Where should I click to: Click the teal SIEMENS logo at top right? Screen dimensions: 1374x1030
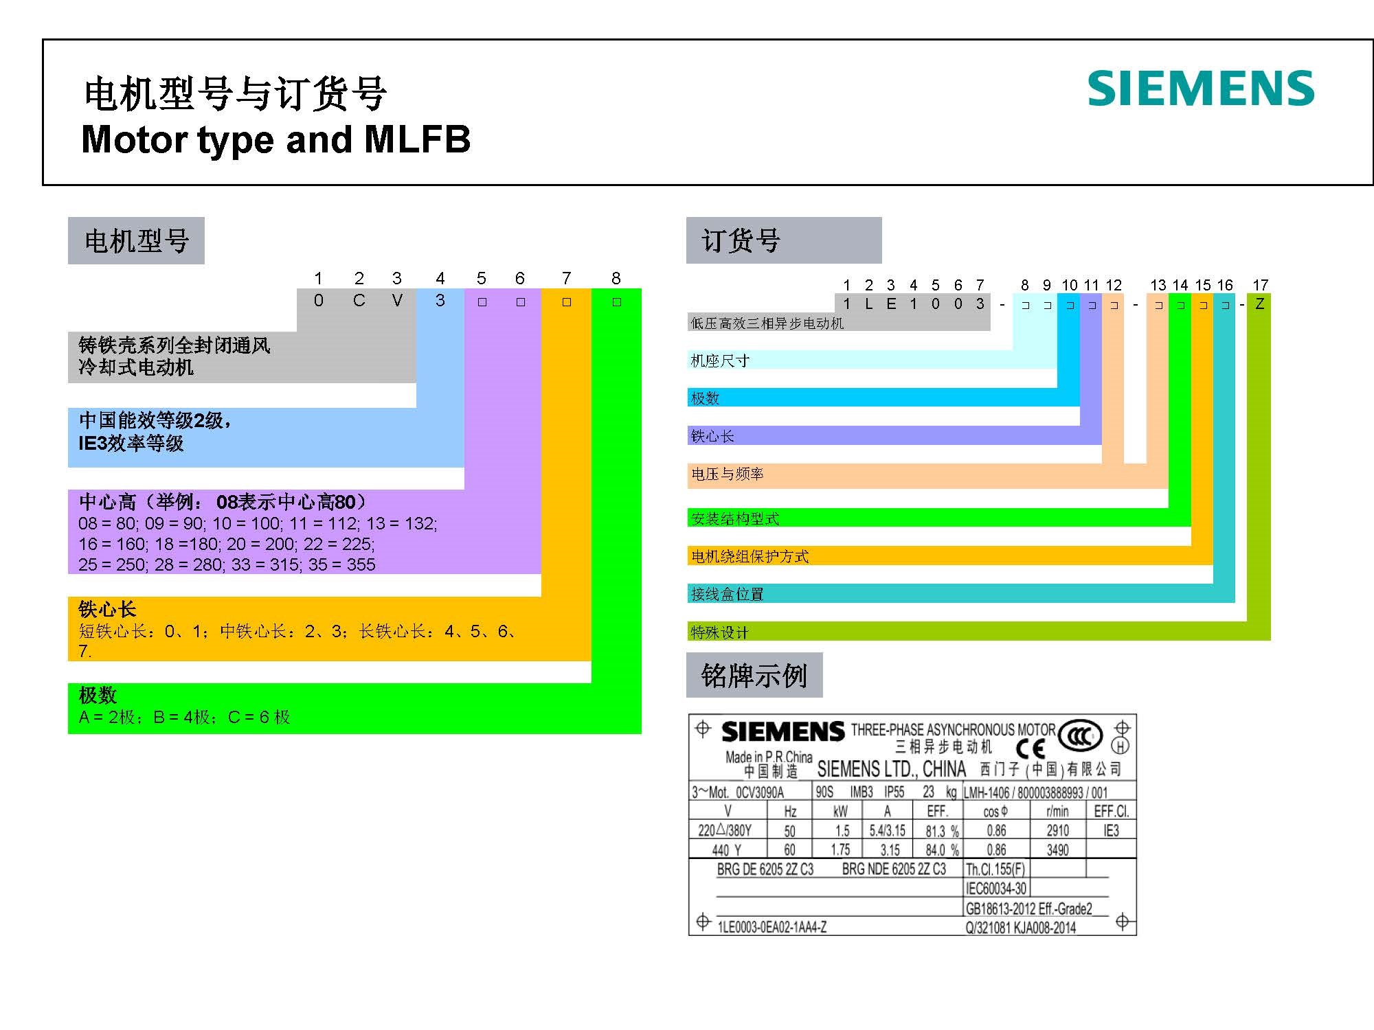point(1201,89)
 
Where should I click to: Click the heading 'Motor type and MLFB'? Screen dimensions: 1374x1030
point(276,139)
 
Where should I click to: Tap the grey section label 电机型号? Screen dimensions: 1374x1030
point(136,241)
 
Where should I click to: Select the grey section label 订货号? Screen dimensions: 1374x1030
point(784,240)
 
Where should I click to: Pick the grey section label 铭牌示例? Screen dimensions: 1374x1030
point(754,676)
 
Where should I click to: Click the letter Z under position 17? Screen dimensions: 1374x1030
point(1259,304)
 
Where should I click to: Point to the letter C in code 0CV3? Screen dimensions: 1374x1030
point(359,300)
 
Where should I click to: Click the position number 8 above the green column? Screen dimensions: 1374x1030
point(616,278)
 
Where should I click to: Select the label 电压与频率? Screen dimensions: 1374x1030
point(727,474)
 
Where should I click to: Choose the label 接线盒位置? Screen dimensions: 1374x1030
point(727,594)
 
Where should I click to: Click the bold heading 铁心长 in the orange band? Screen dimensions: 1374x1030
point(107,609)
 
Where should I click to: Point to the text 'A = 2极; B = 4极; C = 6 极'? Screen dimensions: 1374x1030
point(184,717)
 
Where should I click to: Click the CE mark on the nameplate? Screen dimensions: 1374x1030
point(1030,748)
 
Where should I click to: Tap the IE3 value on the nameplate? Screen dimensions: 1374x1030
point(1111,831)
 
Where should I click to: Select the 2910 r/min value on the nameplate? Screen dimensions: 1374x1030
point(1058,831)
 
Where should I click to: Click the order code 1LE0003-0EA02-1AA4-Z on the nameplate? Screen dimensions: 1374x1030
point(772,927)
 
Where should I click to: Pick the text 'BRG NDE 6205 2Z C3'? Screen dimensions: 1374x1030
point(894,869)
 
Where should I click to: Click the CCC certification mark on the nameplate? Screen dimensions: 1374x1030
point(1081,737)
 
